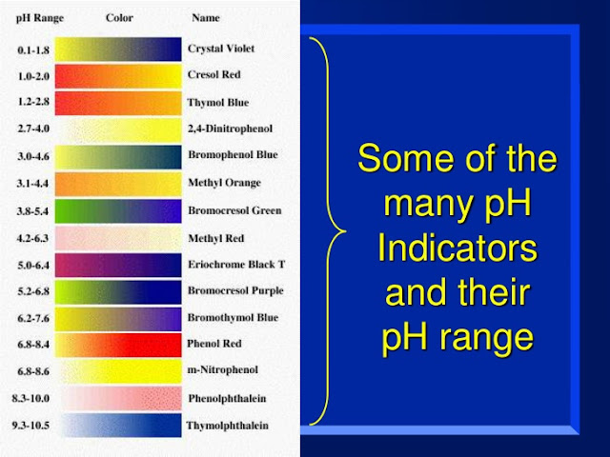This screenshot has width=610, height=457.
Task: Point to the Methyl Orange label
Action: (x=224, y=183)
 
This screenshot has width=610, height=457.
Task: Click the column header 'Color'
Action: (x=119, y=17)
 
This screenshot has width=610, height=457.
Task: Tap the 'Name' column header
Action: (x=205, y=17)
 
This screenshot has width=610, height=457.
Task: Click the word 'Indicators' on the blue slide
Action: (x=457, y=249)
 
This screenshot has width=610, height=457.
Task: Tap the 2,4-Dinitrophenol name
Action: (x=231, y=129)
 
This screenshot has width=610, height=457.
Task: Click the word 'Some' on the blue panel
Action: (x=400, y=159)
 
